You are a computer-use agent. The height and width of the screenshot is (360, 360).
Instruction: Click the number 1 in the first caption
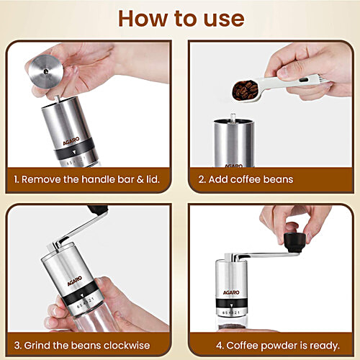16,179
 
